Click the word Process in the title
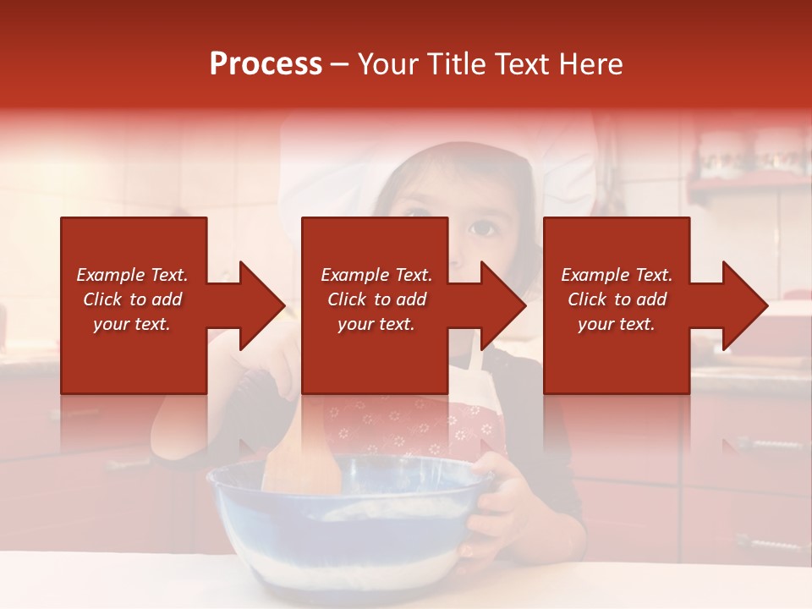[266, 64]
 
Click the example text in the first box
[132, 299]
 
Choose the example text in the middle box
[376, 299]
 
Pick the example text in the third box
[617, 299]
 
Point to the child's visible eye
[482, 228]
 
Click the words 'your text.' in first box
[132, 324]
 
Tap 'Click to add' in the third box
[617, 299]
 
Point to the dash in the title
[339, 64]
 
